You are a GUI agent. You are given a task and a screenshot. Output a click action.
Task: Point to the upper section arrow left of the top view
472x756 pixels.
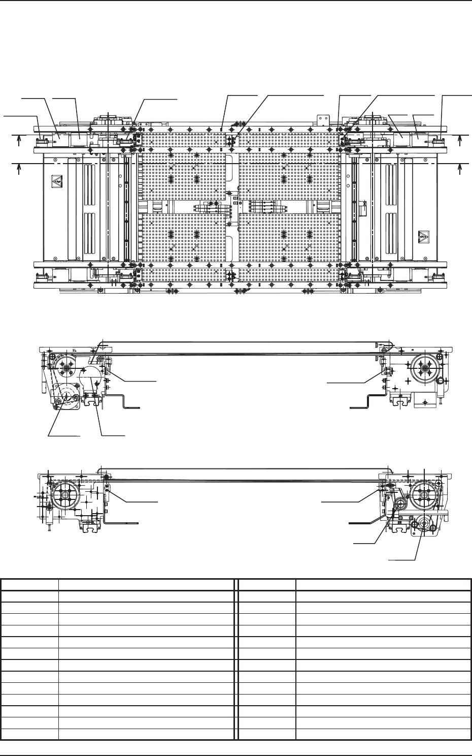[x=19, y=140]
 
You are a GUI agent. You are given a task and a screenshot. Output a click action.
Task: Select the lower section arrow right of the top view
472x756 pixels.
[x=459, y=168]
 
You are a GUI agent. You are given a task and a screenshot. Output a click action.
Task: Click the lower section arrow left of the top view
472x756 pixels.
[x=19, y=168]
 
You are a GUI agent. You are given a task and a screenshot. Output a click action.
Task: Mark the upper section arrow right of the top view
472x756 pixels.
[x=459, y=140]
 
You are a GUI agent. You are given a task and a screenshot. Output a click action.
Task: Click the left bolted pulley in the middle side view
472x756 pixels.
[x=65, y=364]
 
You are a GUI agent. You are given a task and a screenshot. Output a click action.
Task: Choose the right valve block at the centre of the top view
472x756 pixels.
[x=262, y=207]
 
